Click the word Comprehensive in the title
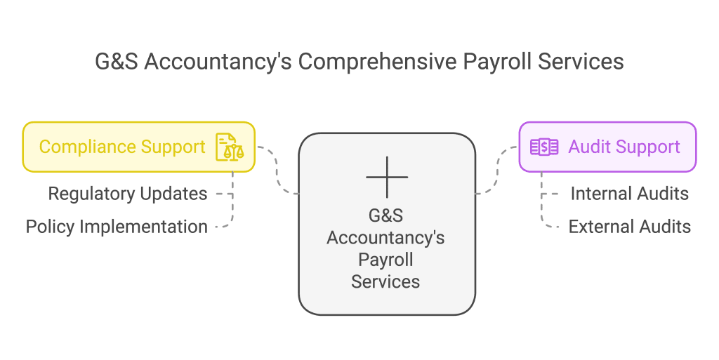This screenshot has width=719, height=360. coord(377,62)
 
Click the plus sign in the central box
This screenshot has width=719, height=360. coord(386,177)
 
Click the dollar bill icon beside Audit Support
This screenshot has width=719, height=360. coord(544,147)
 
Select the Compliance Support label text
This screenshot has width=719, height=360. coord(122,147)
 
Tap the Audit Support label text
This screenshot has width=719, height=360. coord(624,147)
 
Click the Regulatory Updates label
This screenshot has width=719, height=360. coord(128,194)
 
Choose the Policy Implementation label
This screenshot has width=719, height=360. coord(117,227)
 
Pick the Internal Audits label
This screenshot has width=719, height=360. coord(629,194)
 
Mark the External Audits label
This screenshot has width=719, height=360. coord(629,227)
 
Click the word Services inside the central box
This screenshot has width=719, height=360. coord(385,282)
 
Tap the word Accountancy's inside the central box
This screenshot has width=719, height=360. coord(385,238)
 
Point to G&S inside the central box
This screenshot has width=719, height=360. coord(385,215)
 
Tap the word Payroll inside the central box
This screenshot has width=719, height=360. coord(385,260)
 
